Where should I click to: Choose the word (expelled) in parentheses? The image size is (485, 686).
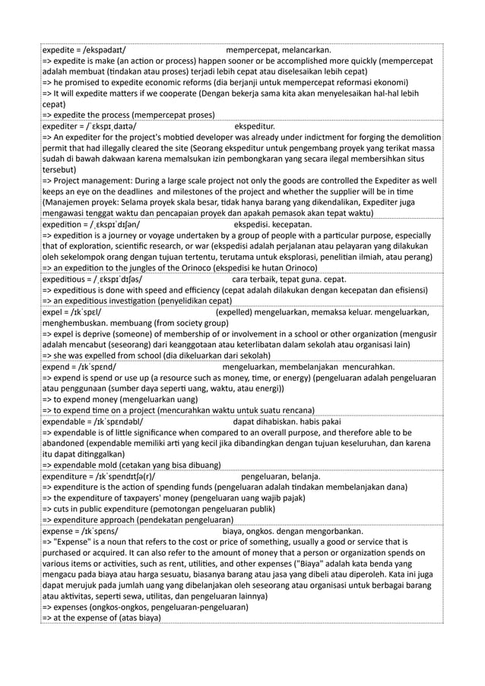point(238,311)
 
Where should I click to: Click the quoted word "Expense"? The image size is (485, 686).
point(73,542)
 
